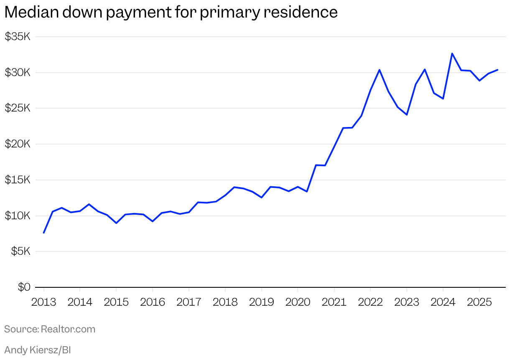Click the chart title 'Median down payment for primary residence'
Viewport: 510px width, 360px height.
[x=171, y=13]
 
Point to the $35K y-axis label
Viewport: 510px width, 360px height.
[x=18, y=37]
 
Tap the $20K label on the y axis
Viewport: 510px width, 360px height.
[x=18, y=144]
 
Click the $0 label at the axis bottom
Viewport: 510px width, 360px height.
[x=24, y=287]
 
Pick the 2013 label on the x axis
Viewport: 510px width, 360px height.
[x=43, y=302]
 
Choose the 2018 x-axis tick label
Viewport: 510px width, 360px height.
[x=225, y=302]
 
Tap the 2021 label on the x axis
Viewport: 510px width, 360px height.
[x=334, y=302]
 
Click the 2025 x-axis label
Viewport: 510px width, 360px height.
[x=479, y=302]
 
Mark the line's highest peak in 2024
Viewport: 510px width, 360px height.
[x=452, y=53]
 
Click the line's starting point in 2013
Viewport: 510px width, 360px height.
[x=43, y=233]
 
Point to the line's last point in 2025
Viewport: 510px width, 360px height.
[x=497, y=70]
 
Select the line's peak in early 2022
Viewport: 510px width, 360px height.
[x=379, y=70]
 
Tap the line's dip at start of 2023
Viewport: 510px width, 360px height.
[x=407, y=114]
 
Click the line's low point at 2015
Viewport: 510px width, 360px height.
[x=116, y=223]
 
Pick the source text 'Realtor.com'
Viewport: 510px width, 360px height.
[x=68, y=329]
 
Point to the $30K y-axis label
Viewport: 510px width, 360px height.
[x=18, y=73]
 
